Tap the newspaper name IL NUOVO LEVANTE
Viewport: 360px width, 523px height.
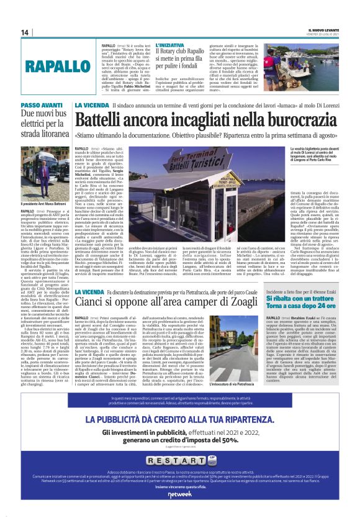click(x=326, y=30)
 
